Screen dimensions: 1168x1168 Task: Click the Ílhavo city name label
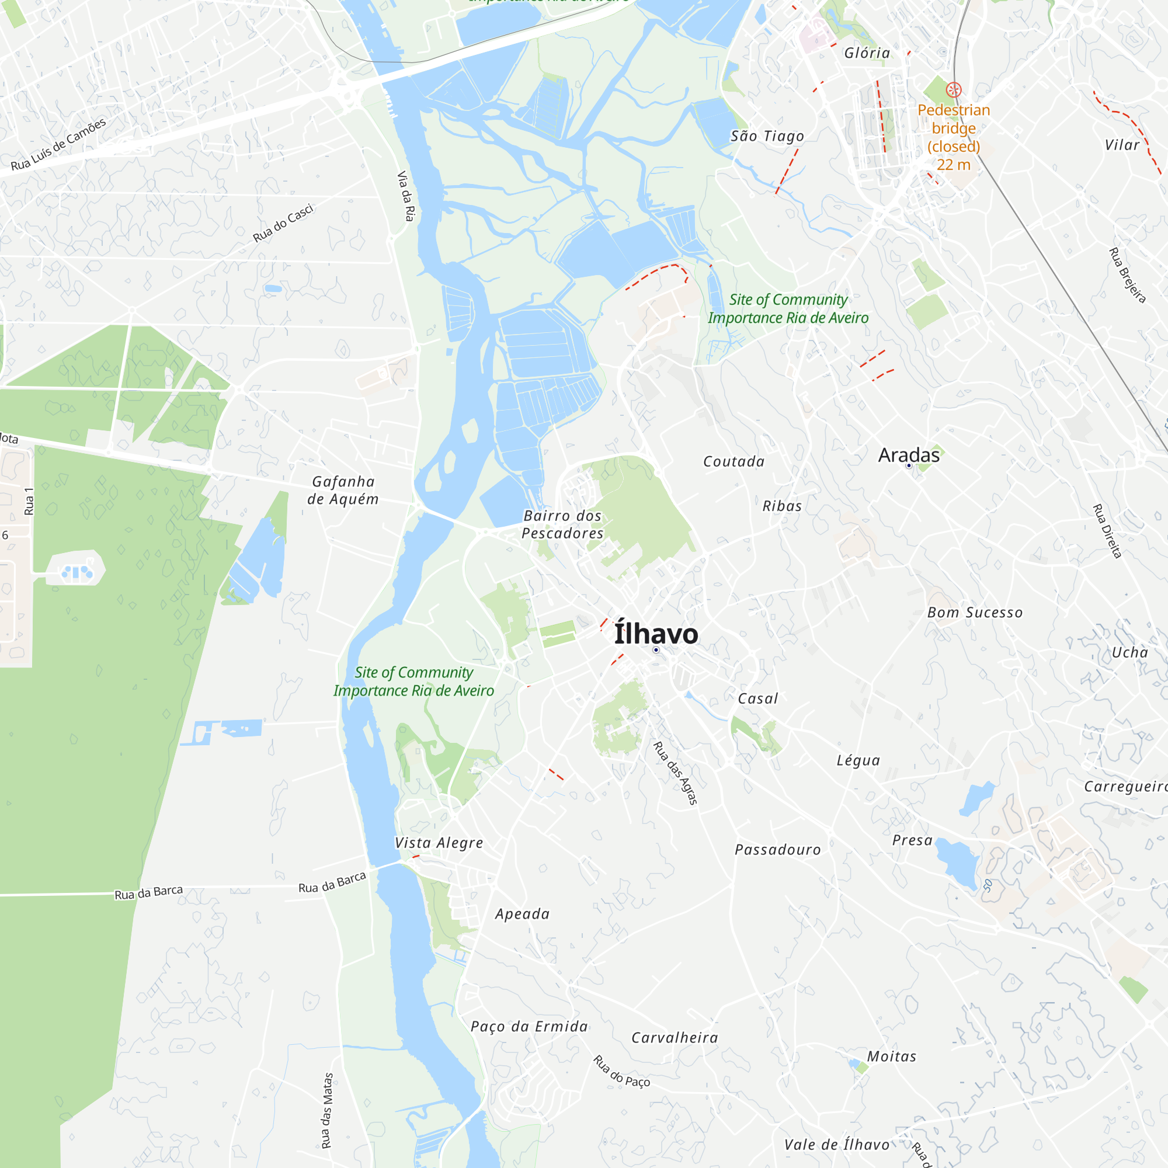(656, 634)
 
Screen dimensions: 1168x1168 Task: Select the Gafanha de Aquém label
(343, 491)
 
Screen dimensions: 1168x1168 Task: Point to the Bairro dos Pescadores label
(562, 524)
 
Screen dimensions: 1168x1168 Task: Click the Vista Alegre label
(439, 843)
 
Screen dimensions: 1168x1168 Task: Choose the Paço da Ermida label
(529, 1026)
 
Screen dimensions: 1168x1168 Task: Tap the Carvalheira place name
(675, 1037)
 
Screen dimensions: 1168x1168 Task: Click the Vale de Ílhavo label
(837, 1145)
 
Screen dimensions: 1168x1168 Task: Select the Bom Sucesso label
(975, 613)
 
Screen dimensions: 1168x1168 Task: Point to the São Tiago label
(767, 136)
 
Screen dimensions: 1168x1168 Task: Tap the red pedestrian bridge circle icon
(954, 90)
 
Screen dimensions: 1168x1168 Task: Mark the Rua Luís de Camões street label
(58, 144)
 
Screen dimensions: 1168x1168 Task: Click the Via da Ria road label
(406, 196)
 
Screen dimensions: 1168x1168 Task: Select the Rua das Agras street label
(675, 773)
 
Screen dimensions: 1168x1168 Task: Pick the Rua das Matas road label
(326, 1110)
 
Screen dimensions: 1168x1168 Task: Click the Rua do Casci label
(283, 223)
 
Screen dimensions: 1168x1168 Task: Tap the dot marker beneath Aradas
(909, 465)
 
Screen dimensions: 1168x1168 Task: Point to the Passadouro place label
(777, 849)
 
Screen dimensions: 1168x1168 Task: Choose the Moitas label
(892, 1056)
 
